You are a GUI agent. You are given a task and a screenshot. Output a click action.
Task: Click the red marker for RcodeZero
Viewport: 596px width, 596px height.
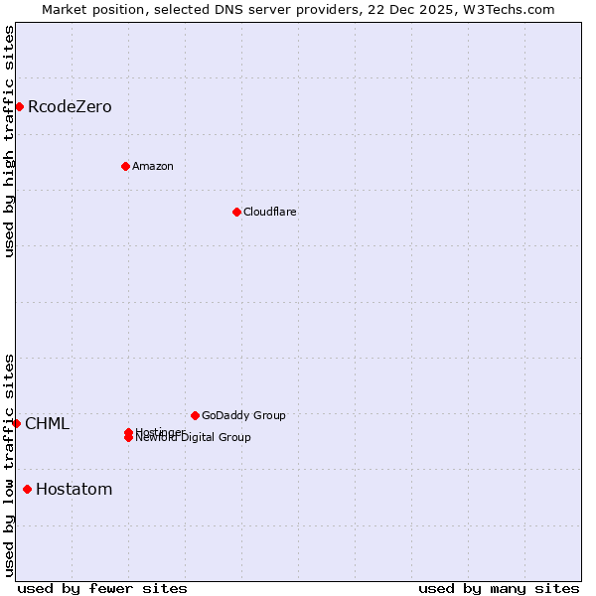[x=19, y=106]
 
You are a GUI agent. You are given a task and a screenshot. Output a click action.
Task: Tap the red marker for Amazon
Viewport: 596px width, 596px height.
[x=125, y=166]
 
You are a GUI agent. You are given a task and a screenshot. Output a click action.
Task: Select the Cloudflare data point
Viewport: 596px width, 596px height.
[x=236, y=212]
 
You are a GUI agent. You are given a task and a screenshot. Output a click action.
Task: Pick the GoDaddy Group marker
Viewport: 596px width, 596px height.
[x=195, y=415]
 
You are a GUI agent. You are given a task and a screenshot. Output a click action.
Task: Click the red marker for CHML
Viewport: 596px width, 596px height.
[x=16, y=423]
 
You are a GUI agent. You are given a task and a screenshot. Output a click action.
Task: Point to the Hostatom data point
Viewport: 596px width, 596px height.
[x=27, y=489]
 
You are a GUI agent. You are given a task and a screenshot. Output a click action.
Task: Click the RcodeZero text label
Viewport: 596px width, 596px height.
[x=70, y=106]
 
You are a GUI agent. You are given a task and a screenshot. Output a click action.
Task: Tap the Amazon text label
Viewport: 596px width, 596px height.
[x=152, y=166]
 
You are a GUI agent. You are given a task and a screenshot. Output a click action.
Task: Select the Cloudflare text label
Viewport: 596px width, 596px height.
[x=269, y=212]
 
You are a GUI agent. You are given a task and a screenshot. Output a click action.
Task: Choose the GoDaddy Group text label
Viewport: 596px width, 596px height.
[x=243, y=415]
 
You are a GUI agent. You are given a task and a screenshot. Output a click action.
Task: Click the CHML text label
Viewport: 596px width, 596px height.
[x=47, y=424]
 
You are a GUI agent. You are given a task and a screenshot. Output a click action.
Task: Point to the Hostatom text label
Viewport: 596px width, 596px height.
[x=74, y=489]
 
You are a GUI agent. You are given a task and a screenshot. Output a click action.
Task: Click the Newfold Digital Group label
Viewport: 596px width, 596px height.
[x=195, y=438]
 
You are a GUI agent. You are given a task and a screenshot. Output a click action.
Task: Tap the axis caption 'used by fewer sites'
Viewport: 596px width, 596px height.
[x=102, y=588]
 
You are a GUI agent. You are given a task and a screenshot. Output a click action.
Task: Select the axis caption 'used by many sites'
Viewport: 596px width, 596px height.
[x=499, y=588]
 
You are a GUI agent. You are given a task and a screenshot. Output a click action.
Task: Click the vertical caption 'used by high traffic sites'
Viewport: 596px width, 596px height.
[x=10, y=141]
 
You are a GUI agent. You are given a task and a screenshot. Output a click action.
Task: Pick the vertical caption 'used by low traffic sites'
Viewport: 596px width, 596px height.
[x=10, y=464]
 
